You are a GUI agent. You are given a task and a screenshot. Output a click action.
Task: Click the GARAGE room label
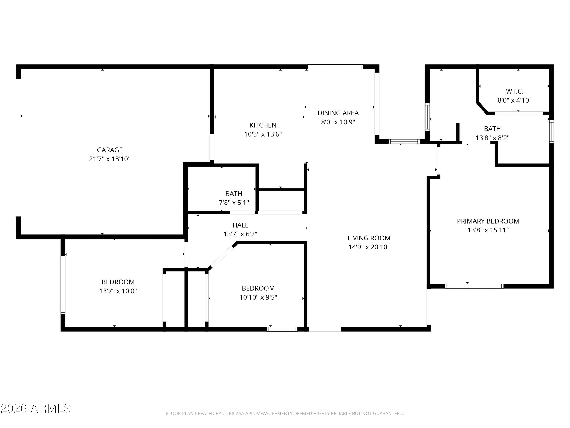click(110, 150)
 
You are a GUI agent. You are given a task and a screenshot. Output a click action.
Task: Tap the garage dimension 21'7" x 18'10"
click(110, 159)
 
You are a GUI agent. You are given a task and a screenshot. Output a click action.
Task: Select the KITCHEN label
click(263, 125)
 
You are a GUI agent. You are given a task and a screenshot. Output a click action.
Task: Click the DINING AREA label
click(338, 113)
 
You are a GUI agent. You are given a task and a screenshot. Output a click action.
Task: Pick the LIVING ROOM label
click(369, 238)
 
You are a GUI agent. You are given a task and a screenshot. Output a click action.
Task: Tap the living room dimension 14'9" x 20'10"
click(369, 247)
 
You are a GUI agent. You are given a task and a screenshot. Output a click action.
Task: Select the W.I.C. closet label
click(515, 91)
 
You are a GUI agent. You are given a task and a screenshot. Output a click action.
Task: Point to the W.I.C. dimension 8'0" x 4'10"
click(515, 100)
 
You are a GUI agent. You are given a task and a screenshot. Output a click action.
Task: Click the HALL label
click(240, 225)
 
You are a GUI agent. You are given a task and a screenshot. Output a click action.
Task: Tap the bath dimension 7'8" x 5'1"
click(234, 203)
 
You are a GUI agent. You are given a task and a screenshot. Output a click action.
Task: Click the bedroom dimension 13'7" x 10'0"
click(118, 291)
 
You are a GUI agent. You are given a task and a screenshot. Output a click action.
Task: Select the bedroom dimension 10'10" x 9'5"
click(258, 297)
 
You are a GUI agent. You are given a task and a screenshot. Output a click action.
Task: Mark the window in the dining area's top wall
click(336, 67)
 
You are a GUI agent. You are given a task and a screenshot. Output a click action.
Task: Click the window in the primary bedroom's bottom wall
click(474, 286)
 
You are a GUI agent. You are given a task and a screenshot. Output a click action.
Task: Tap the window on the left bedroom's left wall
click(63, 285)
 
